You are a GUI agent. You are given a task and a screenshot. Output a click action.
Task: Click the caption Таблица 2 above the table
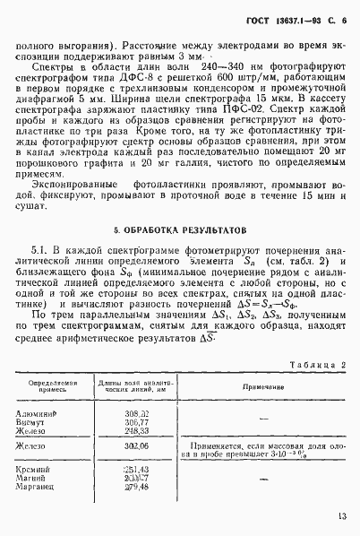[x=314, y=365]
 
